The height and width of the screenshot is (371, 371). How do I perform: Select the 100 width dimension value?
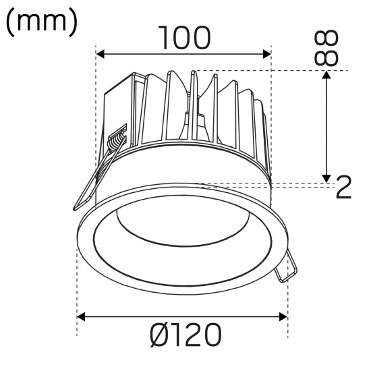[x=183, y=38]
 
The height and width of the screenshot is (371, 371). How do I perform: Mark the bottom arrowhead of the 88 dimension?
[x=327, y=178]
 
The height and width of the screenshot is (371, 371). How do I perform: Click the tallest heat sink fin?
[x=194, y=108]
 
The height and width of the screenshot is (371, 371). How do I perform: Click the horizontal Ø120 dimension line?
[x=182, y=315]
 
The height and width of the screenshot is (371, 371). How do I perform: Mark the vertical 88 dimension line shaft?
[x=327, y=128]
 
